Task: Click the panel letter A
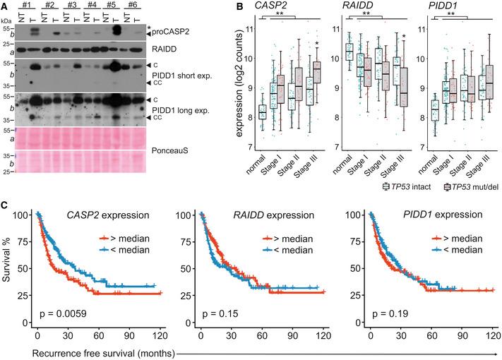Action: [5, 6]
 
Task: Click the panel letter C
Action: [5, 205]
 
